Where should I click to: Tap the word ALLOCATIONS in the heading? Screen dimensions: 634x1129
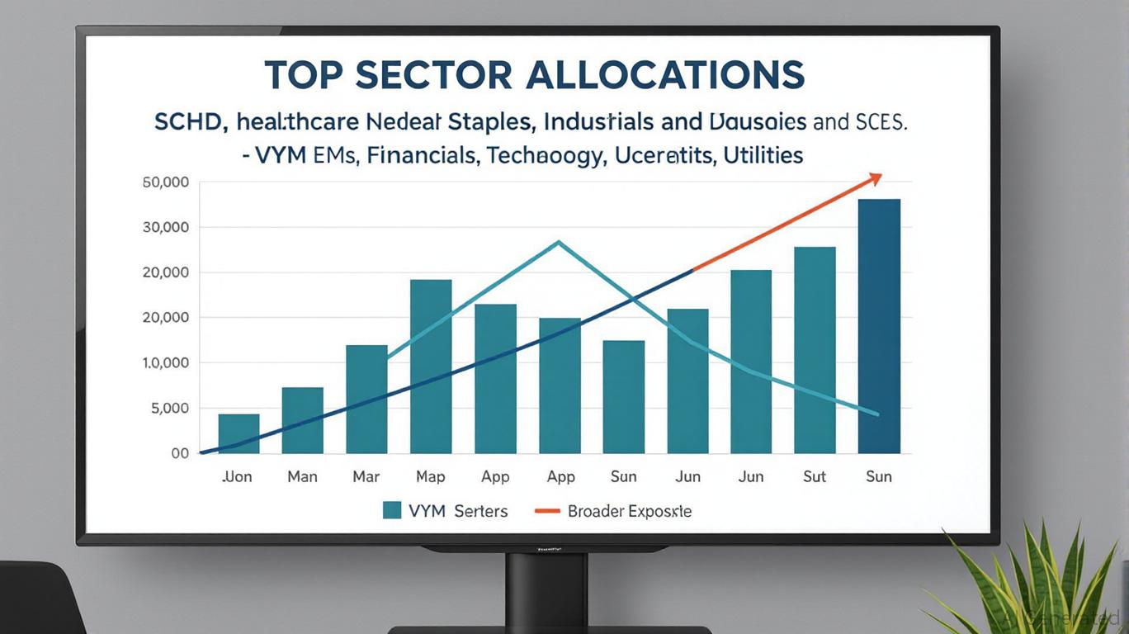tap(665, 75)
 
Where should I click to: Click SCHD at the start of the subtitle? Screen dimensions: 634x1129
tap(191, 123)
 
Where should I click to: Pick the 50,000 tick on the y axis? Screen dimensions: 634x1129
tap(166, 182)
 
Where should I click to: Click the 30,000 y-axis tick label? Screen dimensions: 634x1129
tap(166, 227)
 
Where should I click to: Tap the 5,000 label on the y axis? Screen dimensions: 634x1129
tap(169, 408)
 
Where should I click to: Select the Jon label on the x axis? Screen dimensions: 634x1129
tap(238, 476)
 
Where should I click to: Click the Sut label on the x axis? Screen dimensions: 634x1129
tap(815, 476)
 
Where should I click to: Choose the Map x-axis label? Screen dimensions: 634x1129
tap(430, 476)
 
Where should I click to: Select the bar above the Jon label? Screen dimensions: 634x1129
tap(239, 433)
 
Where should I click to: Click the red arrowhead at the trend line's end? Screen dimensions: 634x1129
tap(875, 179)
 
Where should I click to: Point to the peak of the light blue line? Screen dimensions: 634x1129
tap(560, 242)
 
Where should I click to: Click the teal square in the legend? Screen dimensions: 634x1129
tap(392, 510)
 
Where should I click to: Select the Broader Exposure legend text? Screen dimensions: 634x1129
tap(629, 511)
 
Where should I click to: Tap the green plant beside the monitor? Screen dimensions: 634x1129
tap(1032, 578)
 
